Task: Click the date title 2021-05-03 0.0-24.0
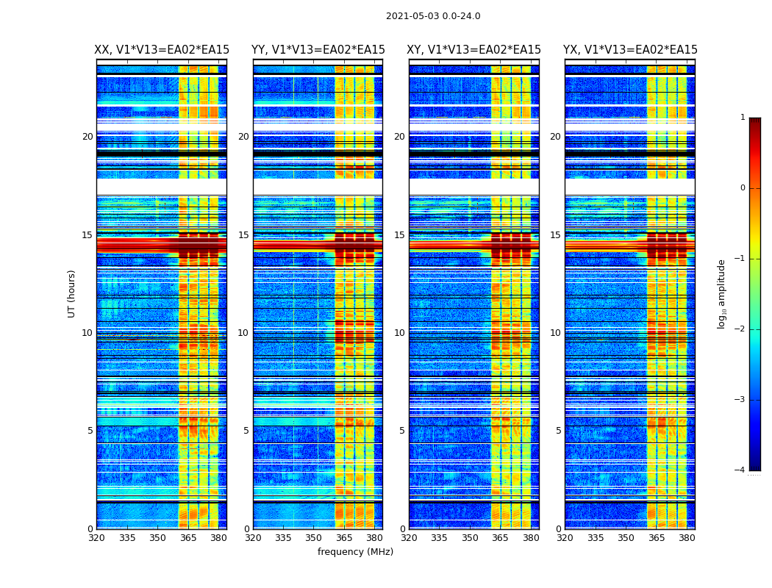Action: [433, 16]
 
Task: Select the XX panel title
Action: [162, 50]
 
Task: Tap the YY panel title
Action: [318, 50]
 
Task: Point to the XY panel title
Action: [473, 50]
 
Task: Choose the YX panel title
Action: [630, 50]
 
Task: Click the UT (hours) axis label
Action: [71, 293]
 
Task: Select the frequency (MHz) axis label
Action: [355, 552]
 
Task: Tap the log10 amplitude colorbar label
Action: [722, 293]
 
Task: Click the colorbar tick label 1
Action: [742, 118]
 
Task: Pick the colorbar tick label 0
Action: [742, 188]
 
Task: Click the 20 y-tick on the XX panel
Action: [87, 137]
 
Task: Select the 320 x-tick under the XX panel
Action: [96, 538]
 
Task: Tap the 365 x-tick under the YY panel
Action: [344, 538]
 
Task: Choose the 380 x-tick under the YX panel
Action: [687, 538]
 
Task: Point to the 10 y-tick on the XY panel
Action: [399, 333]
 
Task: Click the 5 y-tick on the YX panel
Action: [558, 431]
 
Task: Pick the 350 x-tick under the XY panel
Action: [470, 538]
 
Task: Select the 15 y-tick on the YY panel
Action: [243, 235]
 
